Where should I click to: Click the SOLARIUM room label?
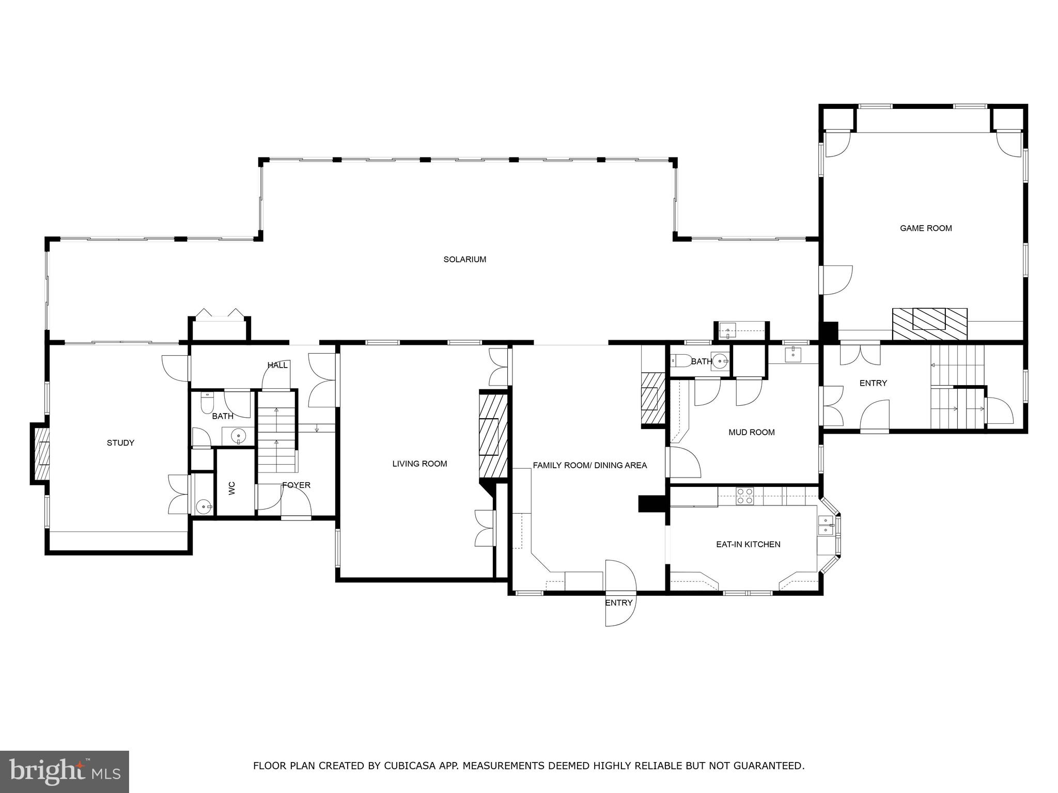[x=464, y=259]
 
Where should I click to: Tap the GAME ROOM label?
[x=925, y=228]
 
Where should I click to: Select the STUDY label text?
[x=120, y=442]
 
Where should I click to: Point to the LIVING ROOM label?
[x=419, y=464]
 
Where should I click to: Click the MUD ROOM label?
[x=751, y=432]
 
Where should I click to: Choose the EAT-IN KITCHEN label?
[x=748, y=544]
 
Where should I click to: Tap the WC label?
[x=232, y=488]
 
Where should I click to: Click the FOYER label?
[x=296, y=485]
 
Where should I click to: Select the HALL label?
[x=277, y=365]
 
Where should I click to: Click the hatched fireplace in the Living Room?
[x=493, y=436]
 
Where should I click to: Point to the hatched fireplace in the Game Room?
[x=929, y=323]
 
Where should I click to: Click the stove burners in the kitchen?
[x=744, y=496]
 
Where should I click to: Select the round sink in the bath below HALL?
[x=238, y=436]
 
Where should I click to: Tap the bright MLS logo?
[x=65, y=771]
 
